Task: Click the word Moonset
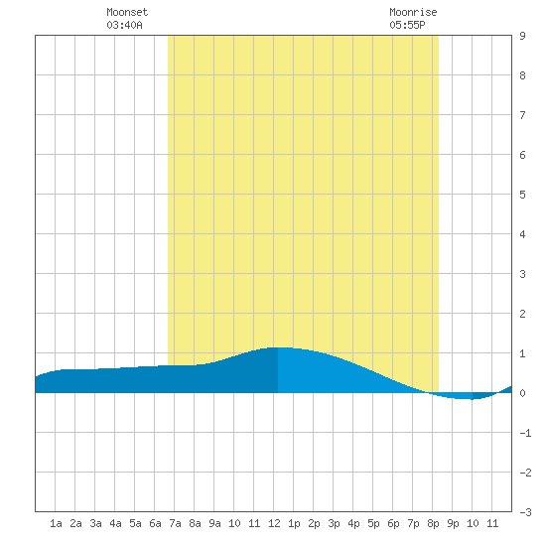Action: (x=127, y=12)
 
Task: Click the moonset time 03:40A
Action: (x=125, y=25)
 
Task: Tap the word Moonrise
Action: (x=413, y=12)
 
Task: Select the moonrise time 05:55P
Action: (x=407, y=25)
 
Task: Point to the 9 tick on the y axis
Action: (x=522, y=36)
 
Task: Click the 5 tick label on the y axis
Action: (x=522, y=195)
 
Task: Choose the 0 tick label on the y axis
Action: (x=522, y=393)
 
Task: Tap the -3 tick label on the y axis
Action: (x=525, y=512)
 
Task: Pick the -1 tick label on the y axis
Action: (x=525, y=433)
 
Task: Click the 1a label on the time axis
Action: (x=56, y=523)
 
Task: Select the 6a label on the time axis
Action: (x=155, y=523)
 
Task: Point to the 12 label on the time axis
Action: (x=274, y=523)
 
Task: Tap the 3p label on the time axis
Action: (x=334, y=523)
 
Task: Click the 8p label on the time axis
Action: (x=433, y=523)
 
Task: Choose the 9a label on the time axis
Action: (x=214, y=523)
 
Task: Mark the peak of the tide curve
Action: (x=281, y=347)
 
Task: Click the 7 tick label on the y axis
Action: (x=522, y=115)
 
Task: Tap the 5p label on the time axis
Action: (x=373, y=523)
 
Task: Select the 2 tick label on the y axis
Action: (x=522, y=314)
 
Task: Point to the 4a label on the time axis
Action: (x=115, y=523)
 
